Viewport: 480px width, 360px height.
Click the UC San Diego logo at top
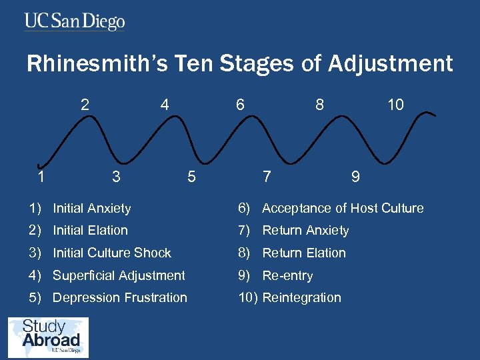(x=75, y=21)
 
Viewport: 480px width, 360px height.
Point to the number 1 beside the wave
(x=41, y=177)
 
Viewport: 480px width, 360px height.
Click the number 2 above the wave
(x=85, y=105)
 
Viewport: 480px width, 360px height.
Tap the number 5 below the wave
(x=191, y=177)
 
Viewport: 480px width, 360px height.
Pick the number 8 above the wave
(x=320, y=105)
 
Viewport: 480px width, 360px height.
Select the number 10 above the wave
(x=396, y=105)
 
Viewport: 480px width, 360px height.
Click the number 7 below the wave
(x=267, y=177)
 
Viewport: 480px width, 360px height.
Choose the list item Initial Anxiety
(x=92, y=209)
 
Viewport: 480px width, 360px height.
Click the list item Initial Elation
(x=90, y=231)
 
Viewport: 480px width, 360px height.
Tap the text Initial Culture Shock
(x=112, y=253)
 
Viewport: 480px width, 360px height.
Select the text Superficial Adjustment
(x=119, y=275)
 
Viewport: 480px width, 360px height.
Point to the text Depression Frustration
(x=120, y=298)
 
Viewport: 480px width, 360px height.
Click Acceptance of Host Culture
(x=343, y=209)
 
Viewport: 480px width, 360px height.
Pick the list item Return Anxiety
(x=305, y=231)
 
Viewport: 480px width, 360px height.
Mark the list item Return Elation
(x=304, y=253)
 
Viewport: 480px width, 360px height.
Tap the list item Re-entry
(x=287, y=275)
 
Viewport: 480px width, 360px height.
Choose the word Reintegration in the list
(x=301, y=298)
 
